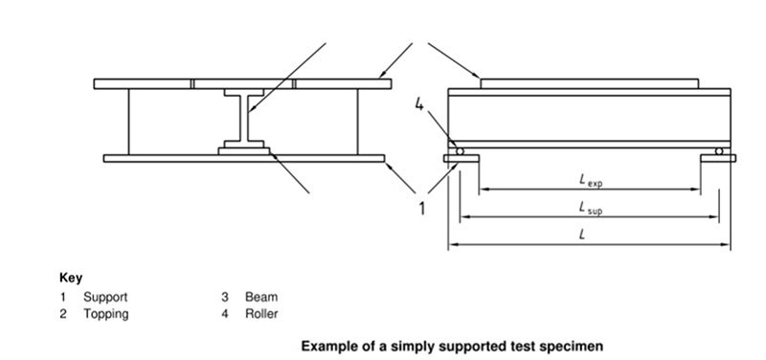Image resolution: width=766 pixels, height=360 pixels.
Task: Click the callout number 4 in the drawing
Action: click(418, 105)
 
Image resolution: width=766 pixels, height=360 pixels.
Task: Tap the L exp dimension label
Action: click(590, 179)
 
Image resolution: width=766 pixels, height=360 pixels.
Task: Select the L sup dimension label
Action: click(590, 207)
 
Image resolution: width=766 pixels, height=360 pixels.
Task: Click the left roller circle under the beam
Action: click(460, 151)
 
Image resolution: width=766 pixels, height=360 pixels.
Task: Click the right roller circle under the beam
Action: click(719, 151)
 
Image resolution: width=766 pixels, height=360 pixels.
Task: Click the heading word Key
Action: click(71, 278)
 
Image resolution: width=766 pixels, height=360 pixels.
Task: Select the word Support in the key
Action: click(104, 298)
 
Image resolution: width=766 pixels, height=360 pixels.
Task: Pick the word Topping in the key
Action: click(105, 313)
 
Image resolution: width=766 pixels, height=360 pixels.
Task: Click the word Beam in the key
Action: click(261, 298)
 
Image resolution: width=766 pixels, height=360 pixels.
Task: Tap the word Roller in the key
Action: click(261, 313)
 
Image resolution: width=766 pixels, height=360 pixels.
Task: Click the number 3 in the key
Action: click(224, 298)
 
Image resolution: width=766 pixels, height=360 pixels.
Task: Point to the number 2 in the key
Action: click(63, 313)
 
